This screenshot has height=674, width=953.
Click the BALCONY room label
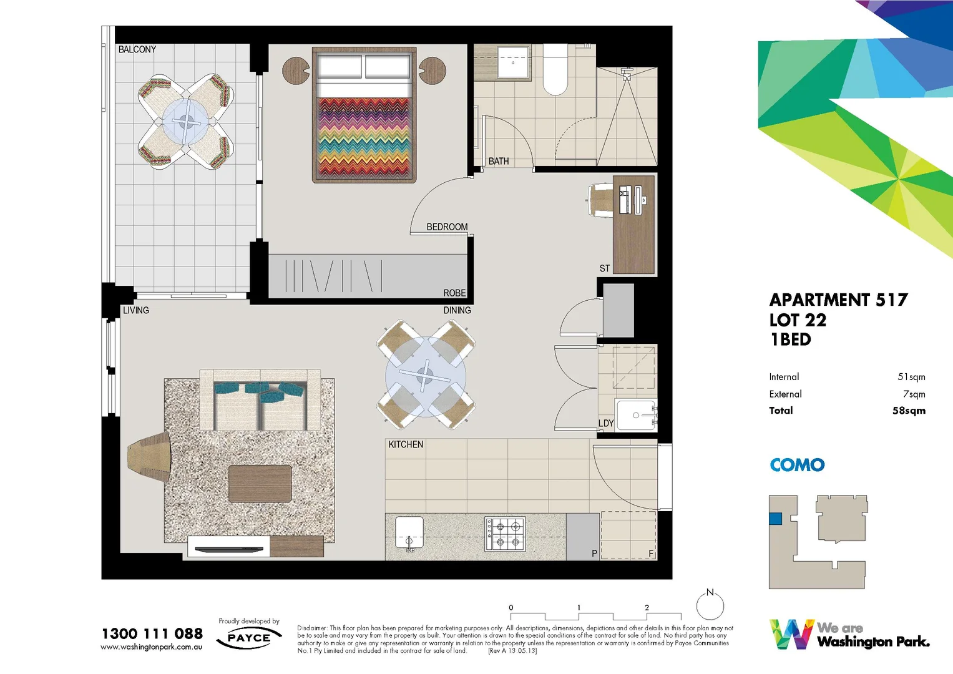[x=137, y=49]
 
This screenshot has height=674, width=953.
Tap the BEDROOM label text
[x=447, y=227]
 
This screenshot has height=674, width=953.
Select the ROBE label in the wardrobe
[x=454, y=293]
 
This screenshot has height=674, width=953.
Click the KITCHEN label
[x=406, y=444]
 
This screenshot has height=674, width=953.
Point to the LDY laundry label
[x=606, y=423]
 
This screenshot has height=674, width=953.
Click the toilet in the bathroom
[x=555, y=70]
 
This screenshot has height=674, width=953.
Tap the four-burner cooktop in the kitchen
[x=505, y=534]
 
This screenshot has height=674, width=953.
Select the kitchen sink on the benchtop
[x=409, y=532]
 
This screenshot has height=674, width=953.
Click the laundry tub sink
[x=636, y=415]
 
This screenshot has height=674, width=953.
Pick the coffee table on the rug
[x=260, y=484]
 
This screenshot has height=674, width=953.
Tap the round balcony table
[x=185, y=121]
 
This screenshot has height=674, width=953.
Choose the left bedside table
[x=296, y=71]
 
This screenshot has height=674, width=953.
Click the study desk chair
[x=600, y=200]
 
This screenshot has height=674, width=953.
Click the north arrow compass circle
[x=710, y=605]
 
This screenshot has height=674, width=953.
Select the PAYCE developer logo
[x=249, y=638]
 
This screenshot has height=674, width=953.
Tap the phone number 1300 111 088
[x=152, y=633]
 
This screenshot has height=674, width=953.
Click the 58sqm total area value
[x=909, y=411]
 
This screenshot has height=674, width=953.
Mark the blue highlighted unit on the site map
[x=775, y=518]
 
